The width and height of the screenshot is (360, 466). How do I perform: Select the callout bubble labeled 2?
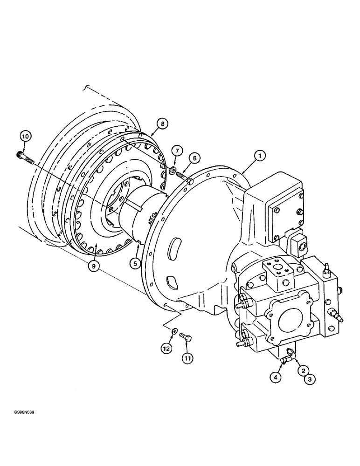[303, 371]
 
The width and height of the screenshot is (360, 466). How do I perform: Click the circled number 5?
[135, 263]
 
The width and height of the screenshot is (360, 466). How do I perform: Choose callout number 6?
[195, 158]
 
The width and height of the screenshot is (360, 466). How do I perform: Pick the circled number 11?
[187, 358]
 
